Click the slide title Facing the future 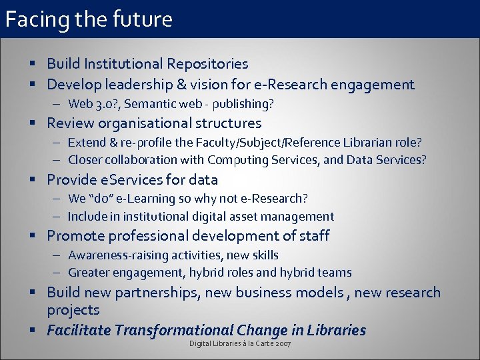pos(89,19)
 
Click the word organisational pos(143,123)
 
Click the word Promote pos(75,236)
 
